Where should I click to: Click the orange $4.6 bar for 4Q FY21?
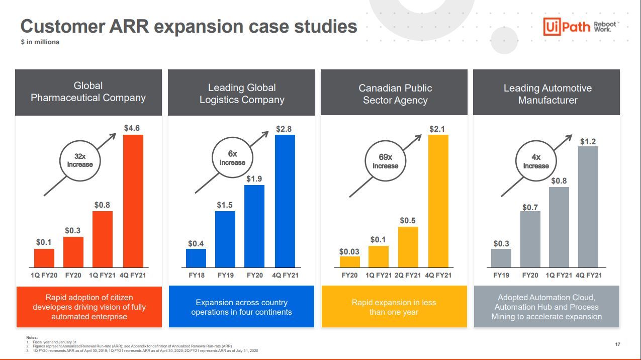[133, 201]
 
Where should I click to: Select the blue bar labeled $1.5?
[225, 239]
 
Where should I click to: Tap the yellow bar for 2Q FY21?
[408, 247]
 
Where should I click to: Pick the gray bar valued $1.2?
[588, 207]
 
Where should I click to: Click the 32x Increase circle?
[80, 160]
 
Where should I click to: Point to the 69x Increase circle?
[386, 161]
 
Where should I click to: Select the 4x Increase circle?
[536, 161]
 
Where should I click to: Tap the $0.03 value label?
[349, 251]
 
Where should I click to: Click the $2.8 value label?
[284, 129]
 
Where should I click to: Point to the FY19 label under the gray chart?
[501, 275]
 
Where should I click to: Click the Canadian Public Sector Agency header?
[395, 94]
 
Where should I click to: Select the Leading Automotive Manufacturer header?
[547, 94]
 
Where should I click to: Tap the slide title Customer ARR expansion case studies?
[189, 26]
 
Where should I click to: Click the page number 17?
[618, 344]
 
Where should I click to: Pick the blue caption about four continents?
[241, 307]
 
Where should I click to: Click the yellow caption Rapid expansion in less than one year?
[394, 307]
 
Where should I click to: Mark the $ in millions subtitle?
[40, 42]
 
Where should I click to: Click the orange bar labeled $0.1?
[44, 258]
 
